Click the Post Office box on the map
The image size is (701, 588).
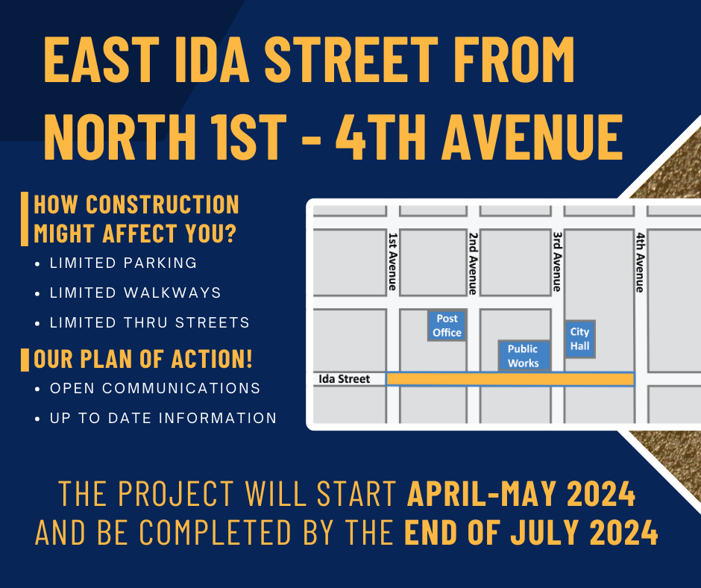[x=447, y=325]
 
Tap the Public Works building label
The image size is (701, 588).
[x=524, y=356]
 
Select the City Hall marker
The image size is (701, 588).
[x=580, y=339]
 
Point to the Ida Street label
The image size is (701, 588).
[x=345, y=379]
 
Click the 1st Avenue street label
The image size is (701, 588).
[x=392, y=261]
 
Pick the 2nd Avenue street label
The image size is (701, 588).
[x=473, y=263]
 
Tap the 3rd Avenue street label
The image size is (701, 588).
[x=557, y=261]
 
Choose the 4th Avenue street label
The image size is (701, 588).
[x=640, y=262]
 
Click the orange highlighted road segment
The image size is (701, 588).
[x=510, y=379]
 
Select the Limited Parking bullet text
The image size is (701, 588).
[x=123, y=263]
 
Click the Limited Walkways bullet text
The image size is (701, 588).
[x=135, y=293]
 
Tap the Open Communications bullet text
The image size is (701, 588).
[x=155, y=388]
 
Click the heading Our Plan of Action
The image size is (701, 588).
[x=143, y=359]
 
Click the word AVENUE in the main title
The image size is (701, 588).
[x=532, y=136]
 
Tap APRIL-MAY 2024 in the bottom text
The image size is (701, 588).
[x=521, y=493]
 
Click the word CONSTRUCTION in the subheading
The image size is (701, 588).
[x=163, y=204]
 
